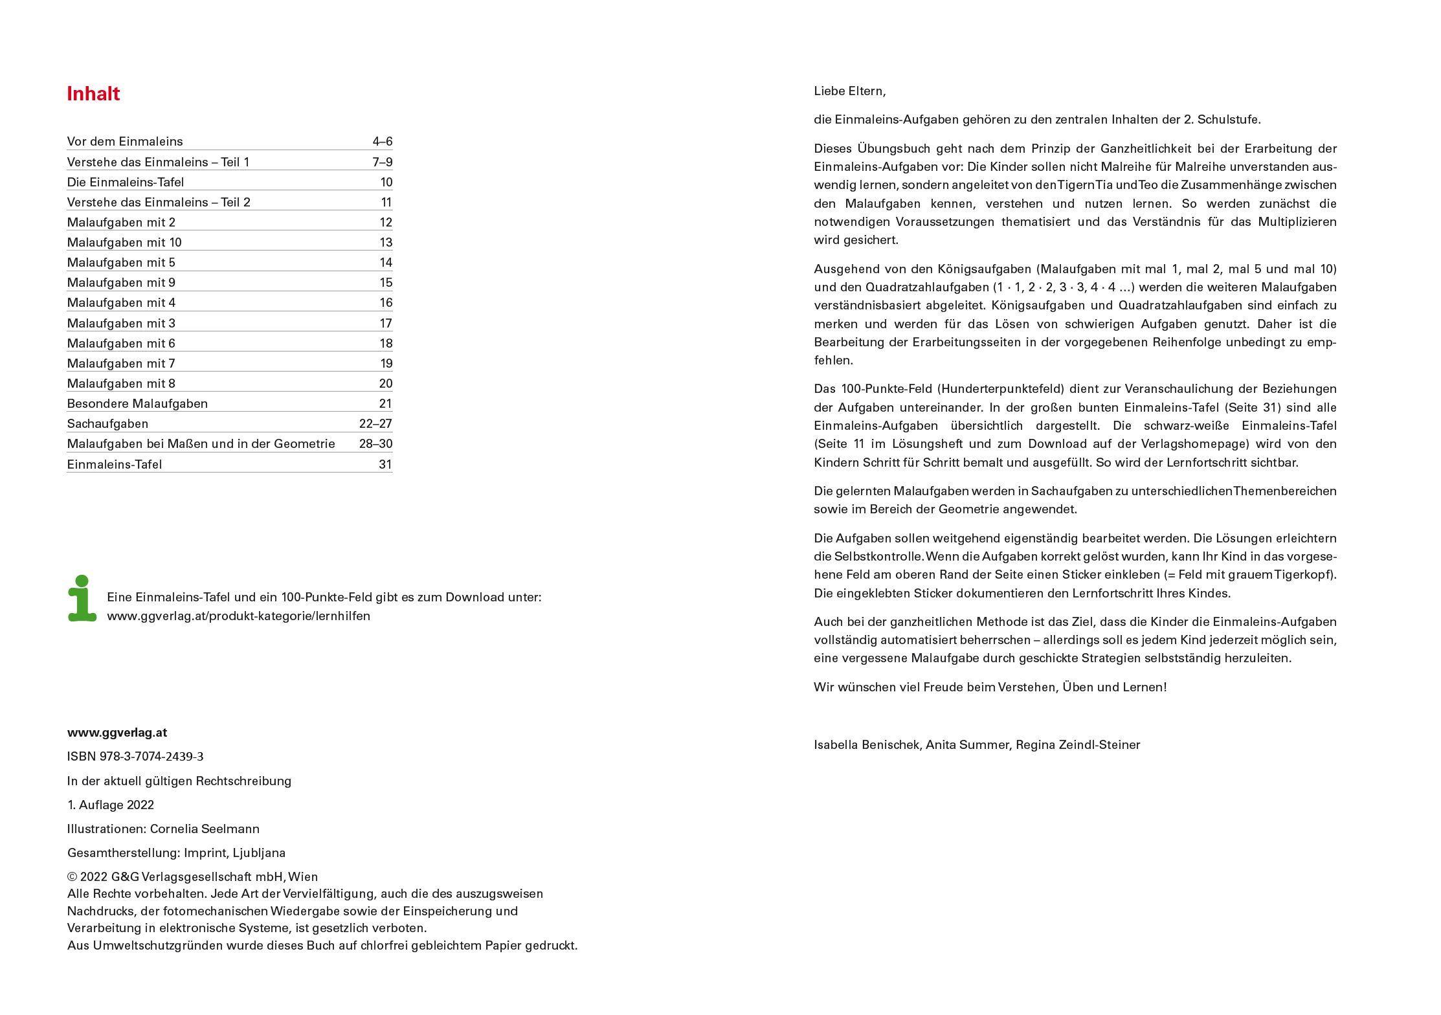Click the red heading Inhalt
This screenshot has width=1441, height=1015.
[x=93, y=94]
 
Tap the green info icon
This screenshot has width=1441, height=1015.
[x=82, y=598]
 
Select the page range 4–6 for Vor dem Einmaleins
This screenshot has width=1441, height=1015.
[x=382, y=141]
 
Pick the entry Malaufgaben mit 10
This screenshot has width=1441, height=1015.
[x=124, y=242]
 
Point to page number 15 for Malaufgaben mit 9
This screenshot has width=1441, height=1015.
[x=386, y=282]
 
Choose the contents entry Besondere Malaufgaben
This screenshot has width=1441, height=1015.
[x=137, y=403]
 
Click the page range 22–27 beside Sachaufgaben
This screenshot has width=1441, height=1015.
[x=375, y=423]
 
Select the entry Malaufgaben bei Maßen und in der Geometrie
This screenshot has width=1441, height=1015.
[x=201, y=443]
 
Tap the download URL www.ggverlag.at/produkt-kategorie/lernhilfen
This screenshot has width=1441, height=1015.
[x=238, y=616]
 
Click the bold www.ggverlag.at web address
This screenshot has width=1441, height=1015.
[x=117, y=732]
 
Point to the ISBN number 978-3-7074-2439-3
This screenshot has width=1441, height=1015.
[x=151, y=756]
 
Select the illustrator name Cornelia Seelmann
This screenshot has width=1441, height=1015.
[x=205, y=829]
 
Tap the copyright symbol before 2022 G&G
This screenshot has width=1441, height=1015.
[x=72, y=877]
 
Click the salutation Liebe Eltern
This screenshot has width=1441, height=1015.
[x=849, y=91]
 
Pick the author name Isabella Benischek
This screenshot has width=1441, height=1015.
[x=867, y=744]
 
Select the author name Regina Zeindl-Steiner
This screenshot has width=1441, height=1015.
[x=1078, y=744]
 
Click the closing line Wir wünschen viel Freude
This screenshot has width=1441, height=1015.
[x=990, y=687]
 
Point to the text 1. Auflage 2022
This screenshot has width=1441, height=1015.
[x=110, y=805]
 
